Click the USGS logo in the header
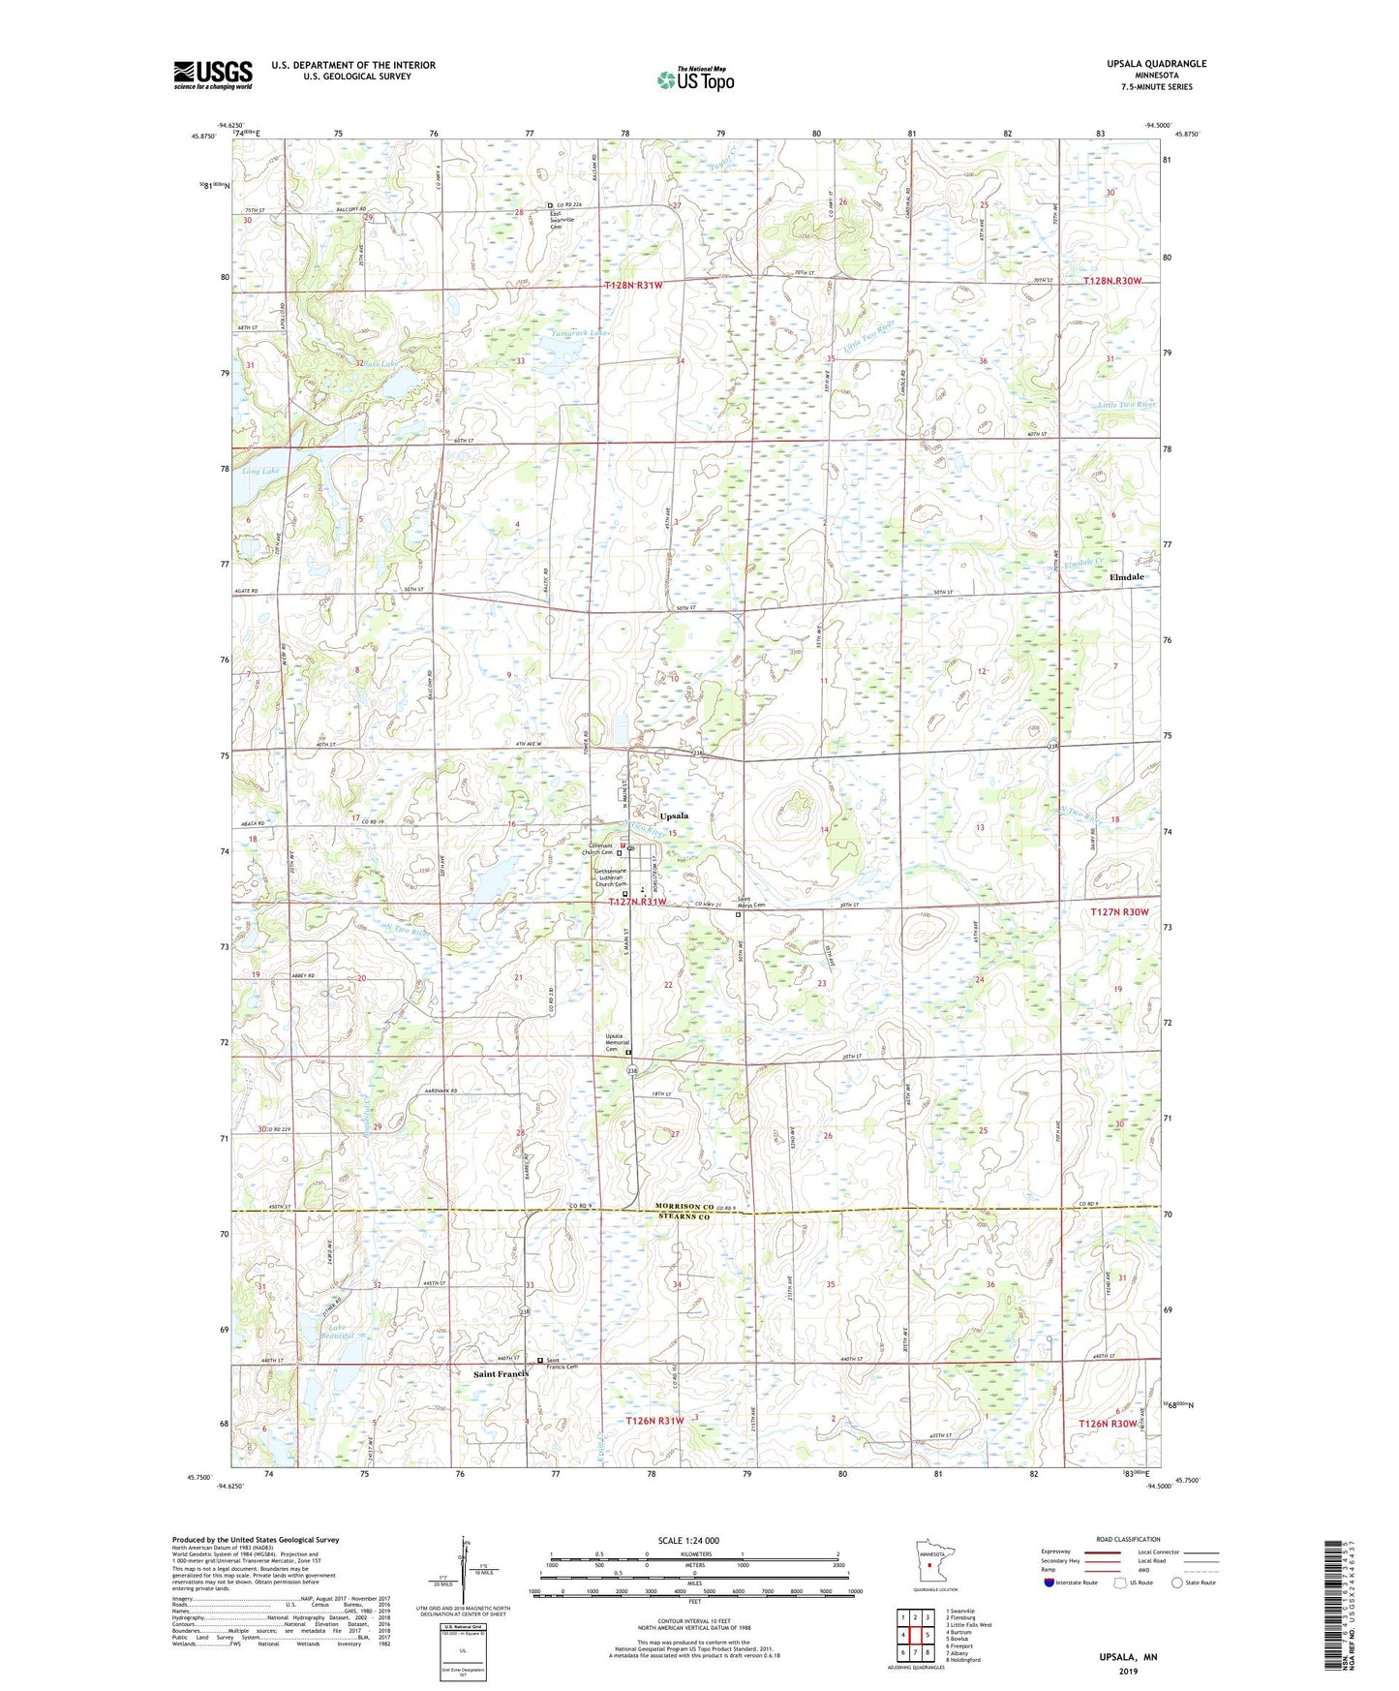point(213,74)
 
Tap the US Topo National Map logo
point(694,79)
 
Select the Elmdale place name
point(1126,577)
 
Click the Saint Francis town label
point(500,1373)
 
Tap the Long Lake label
point(259,472)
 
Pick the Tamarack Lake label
point(581,332)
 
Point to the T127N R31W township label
point(637,902)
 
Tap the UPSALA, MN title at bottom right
point(1128,1657)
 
